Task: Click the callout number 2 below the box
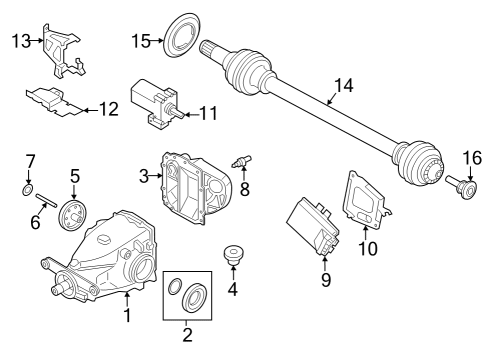click(x=187, y=338)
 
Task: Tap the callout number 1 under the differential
click(x=127, y=316)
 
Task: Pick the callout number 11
click(x=206, y=113)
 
